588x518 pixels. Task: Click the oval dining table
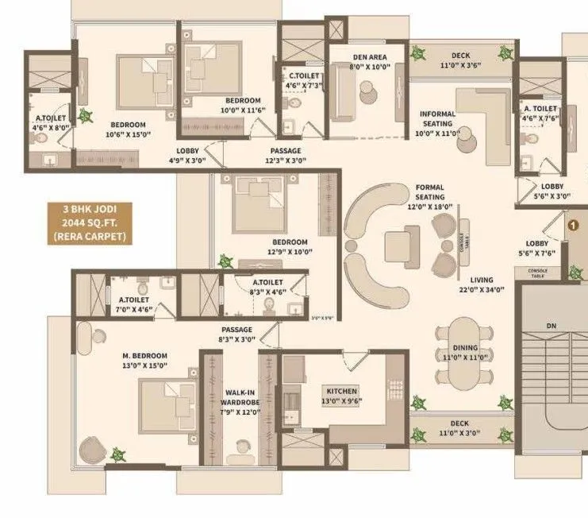point(465,348)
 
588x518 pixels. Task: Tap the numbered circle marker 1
point(570,225)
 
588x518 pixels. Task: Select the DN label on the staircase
point(552,326)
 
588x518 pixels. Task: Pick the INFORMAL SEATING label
point(437,124)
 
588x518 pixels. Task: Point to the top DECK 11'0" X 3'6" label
point(460,61)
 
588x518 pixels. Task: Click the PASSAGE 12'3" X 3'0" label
point(285,155)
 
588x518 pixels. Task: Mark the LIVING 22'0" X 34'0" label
point(481,285)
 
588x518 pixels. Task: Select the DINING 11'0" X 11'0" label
point(466,352)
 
